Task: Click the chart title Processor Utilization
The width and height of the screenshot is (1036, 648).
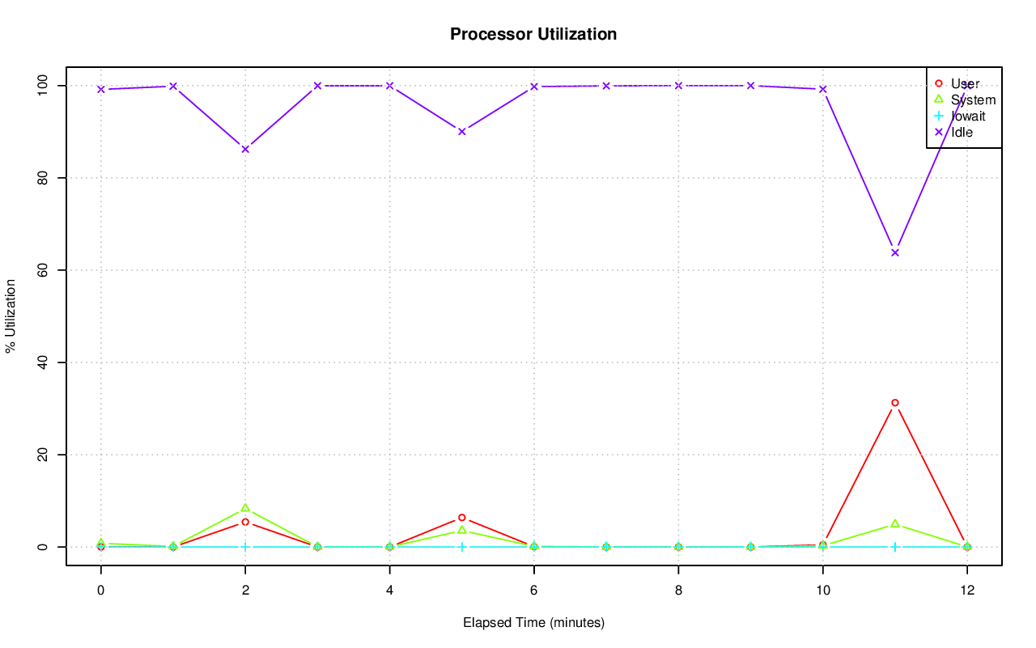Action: pyautogui.click(x=533, y=35)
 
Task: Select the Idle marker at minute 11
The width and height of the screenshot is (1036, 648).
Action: pyautogui.click(x=894, y=252)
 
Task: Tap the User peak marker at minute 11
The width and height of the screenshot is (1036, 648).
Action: pyautogui.click(x=894, y=403)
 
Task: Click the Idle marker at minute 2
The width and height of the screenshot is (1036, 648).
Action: pyautogui.click(x=244, y=149)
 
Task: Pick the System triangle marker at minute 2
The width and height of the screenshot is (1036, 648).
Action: pyautogui.click(x=244, y=508)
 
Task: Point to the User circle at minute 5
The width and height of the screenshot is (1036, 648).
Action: pyautogui.click(x=461, y=518)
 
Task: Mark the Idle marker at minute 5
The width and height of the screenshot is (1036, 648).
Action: pyautogui.click(x=461, y=131)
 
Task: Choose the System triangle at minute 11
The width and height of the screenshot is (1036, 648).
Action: pyautogui.click(x=894, y=523)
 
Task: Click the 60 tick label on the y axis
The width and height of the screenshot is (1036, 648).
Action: pyautogui.click(x=47, y=269)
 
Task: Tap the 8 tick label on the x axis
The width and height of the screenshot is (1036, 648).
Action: pyautogui.click(x=678, y=591)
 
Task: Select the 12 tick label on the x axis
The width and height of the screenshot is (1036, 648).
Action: pyautogui.click(x=966, y=591)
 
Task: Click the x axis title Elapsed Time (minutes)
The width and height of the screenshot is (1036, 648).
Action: pyautogui.click(x=533, y=623)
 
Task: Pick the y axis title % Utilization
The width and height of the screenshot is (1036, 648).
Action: pyautogui.click(x=11, y=316)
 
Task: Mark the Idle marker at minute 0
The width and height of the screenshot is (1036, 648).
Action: pyautogui.click(x=100, y=89)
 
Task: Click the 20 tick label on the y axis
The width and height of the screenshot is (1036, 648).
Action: pyautogui.click(x=47, y=455)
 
